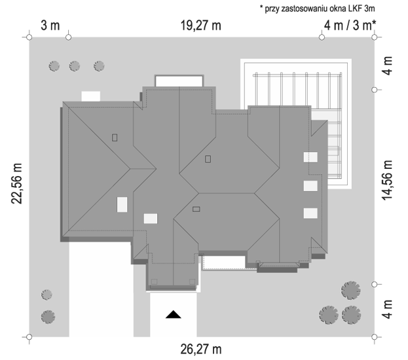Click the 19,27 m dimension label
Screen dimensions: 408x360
tap(201, 26)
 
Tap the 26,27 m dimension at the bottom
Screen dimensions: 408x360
tap(201, 349)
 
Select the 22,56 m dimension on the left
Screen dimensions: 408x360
tap(16, 184)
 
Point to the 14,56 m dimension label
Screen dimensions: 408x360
tap(387, 180)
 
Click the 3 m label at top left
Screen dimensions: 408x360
tap(50, 26)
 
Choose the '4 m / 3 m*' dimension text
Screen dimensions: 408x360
tap(350, 26)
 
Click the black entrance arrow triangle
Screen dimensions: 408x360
tap(174, 314)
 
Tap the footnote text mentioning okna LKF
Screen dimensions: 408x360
tap(318, 9)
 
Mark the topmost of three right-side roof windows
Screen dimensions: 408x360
tap(310, 157)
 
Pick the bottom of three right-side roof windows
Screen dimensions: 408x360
tap(310, 213)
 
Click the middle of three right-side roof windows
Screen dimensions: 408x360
tap(310, 186)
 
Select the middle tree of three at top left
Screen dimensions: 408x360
tap(75, 66)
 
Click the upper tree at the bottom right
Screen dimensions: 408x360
tap(351, 290)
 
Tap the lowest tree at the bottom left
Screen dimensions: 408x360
tap(48, 317)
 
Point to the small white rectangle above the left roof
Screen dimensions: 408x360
tap(91, 96)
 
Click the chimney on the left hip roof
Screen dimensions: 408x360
tap(115, 137)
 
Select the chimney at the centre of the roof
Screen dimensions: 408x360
tap(208, 159)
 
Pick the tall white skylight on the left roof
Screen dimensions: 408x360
tap(122, 204)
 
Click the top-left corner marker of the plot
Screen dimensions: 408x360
tap(29, 37)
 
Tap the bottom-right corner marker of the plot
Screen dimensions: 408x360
tap(374, 337)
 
